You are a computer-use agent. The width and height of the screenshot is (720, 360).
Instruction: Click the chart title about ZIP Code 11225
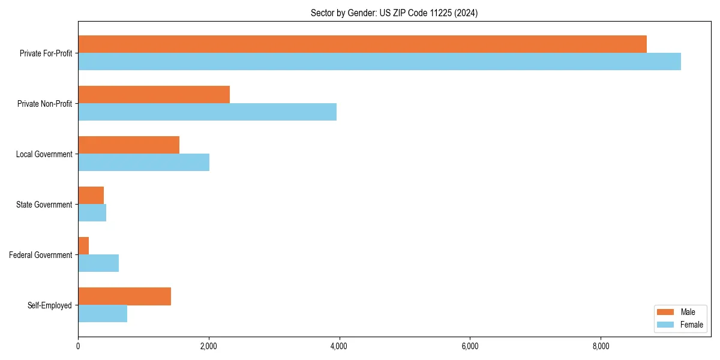394,13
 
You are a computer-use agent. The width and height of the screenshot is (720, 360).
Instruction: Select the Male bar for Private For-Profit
362,44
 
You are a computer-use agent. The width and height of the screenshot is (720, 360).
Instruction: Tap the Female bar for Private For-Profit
379,62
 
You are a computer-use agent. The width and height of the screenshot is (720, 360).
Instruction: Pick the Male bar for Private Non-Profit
154,95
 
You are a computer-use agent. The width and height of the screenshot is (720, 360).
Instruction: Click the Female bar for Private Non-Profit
207,112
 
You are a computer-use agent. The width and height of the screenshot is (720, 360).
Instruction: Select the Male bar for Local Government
128,145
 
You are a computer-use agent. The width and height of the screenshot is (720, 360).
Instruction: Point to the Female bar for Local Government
143,163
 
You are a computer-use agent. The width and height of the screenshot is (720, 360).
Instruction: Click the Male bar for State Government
91,196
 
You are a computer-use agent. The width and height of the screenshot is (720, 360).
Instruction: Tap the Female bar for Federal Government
98,263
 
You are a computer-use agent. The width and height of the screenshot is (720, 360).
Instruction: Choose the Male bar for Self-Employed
124,296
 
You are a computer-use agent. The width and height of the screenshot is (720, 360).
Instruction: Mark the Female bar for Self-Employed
103,314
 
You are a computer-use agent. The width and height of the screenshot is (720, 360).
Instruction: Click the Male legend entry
680,312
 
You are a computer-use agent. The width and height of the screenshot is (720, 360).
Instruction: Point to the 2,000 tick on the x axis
209,346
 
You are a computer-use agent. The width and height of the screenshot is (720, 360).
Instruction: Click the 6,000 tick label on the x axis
470,346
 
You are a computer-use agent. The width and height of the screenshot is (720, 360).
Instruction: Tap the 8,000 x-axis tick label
601,346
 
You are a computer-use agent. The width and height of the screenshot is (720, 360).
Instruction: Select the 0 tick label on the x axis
78,346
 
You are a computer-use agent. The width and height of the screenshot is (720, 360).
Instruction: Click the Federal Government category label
41,255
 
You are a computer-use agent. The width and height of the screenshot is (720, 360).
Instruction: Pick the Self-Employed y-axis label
50,305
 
